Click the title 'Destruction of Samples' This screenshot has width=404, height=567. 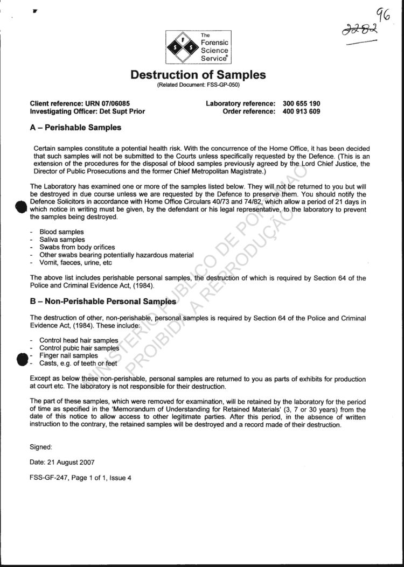198,75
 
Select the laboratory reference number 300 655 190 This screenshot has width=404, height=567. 301,103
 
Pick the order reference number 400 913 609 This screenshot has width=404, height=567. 301,111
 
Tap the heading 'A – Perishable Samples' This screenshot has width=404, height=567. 76,128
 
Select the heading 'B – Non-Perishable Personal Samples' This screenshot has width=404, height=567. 103,302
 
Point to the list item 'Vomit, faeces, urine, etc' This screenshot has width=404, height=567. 75,263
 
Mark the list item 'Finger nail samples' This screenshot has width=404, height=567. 68,355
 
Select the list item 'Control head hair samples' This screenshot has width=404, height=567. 79,340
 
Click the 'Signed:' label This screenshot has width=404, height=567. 41,446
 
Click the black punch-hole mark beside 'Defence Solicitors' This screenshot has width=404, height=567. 21,207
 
